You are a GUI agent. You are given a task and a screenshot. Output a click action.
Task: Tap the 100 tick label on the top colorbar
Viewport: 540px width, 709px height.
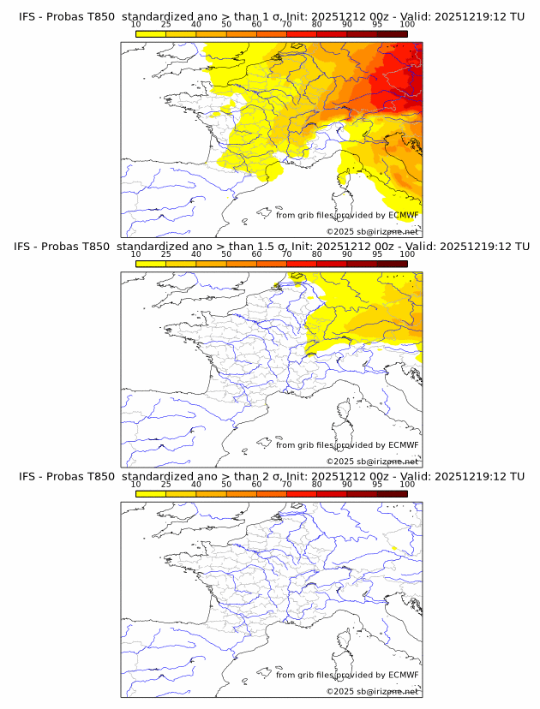[407, 25]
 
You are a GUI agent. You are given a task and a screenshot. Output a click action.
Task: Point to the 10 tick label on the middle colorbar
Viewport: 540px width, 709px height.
[135, 254]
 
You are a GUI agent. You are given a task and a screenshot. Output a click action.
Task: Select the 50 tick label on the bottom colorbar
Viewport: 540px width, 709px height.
[226, 484]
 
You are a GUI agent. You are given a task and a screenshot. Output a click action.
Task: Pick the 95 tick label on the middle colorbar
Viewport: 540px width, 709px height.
[377, 254]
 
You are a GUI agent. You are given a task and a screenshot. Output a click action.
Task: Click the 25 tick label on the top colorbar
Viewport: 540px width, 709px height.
[165, 25]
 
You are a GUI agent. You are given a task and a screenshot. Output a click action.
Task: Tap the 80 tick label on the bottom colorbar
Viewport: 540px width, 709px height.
[317, 484]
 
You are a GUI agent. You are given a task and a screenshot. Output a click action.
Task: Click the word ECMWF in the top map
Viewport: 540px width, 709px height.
[404, 215]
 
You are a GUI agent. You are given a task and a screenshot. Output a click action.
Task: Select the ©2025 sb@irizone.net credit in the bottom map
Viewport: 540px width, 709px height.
[373, 691]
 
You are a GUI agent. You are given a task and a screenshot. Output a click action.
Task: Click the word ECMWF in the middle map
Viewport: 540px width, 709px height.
[404, 444]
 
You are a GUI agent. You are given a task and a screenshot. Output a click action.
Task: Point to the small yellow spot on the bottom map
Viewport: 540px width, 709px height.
[393, 548]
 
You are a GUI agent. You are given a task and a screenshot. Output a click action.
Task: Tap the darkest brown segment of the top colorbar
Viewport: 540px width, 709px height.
[392, 33]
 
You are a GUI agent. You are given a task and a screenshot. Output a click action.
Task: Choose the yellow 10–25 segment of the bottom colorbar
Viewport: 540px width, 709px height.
[151, 492]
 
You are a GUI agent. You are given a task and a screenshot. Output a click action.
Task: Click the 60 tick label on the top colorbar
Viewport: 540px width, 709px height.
[256, 25]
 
